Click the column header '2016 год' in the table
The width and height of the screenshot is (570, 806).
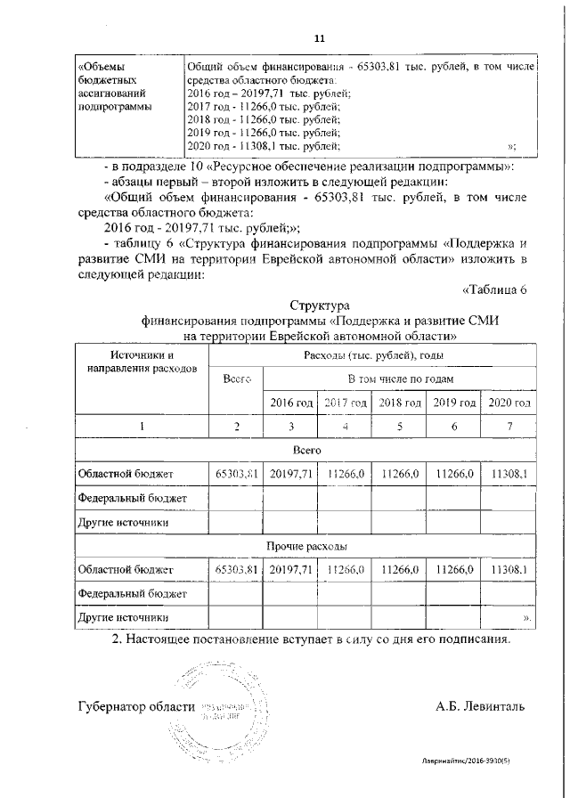coord(292,403)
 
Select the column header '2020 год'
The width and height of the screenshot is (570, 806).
coord(510,403)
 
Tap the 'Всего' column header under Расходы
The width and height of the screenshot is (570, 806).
coord(237,379)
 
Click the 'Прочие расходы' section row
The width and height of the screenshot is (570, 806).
coord(306,544)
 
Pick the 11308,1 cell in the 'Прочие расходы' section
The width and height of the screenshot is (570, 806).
coord(510,568)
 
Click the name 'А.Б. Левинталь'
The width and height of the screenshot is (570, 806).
coord(480,706)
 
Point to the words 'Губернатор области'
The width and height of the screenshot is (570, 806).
coord(136,706)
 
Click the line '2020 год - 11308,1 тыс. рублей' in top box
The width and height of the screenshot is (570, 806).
coord(263,146)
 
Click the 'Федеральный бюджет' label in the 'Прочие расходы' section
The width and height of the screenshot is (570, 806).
coord(133,592)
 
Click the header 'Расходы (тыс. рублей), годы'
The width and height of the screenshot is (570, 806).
coord(372,354)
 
